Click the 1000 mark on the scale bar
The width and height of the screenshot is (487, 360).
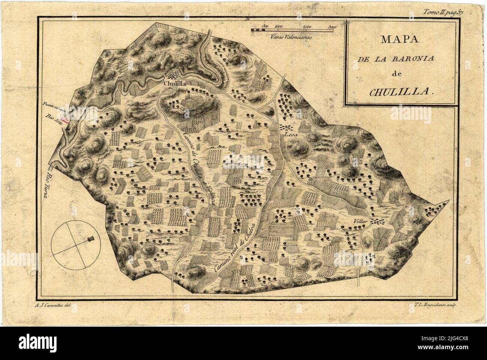278,27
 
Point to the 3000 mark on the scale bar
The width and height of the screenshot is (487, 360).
332,27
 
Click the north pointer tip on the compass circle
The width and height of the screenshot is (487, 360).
91,238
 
